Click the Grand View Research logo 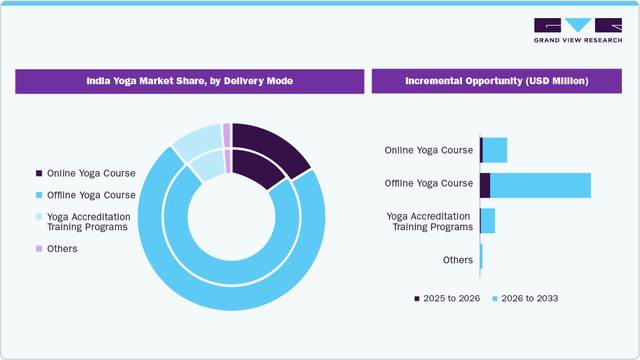578,30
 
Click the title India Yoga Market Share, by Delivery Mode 189,81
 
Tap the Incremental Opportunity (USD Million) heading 496,81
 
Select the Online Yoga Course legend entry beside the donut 91,173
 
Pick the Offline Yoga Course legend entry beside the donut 91,195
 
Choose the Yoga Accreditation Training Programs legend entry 88,221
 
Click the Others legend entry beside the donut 62,248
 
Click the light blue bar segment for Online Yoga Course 495,150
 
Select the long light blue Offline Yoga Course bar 540,185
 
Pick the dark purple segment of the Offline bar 485,185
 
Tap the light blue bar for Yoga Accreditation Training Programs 488,221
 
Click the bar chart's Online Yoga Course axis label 428,150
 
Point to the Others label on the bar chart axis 458,260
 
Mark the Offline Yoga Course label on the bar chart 428,183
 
